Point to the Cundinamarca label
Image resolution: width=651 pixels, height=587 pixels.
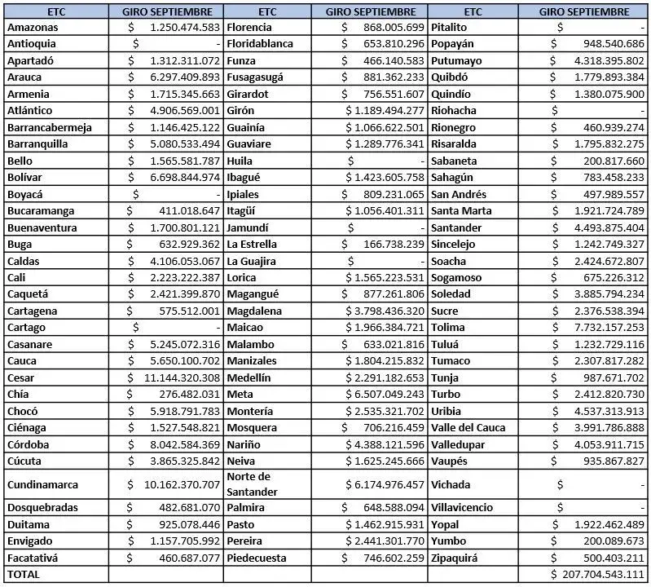(x=42, y=484)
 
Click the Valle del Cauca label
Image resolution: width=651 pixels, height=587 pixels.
(x=468, y=427)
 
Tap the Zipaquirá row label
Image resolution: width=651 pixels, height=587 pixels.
(x=454, y=558)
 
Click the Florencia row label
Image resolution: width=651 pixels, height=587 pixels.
(x=249, y=27)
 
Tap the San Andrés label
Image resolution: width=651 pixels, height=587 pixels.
(x=459, y=194)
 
